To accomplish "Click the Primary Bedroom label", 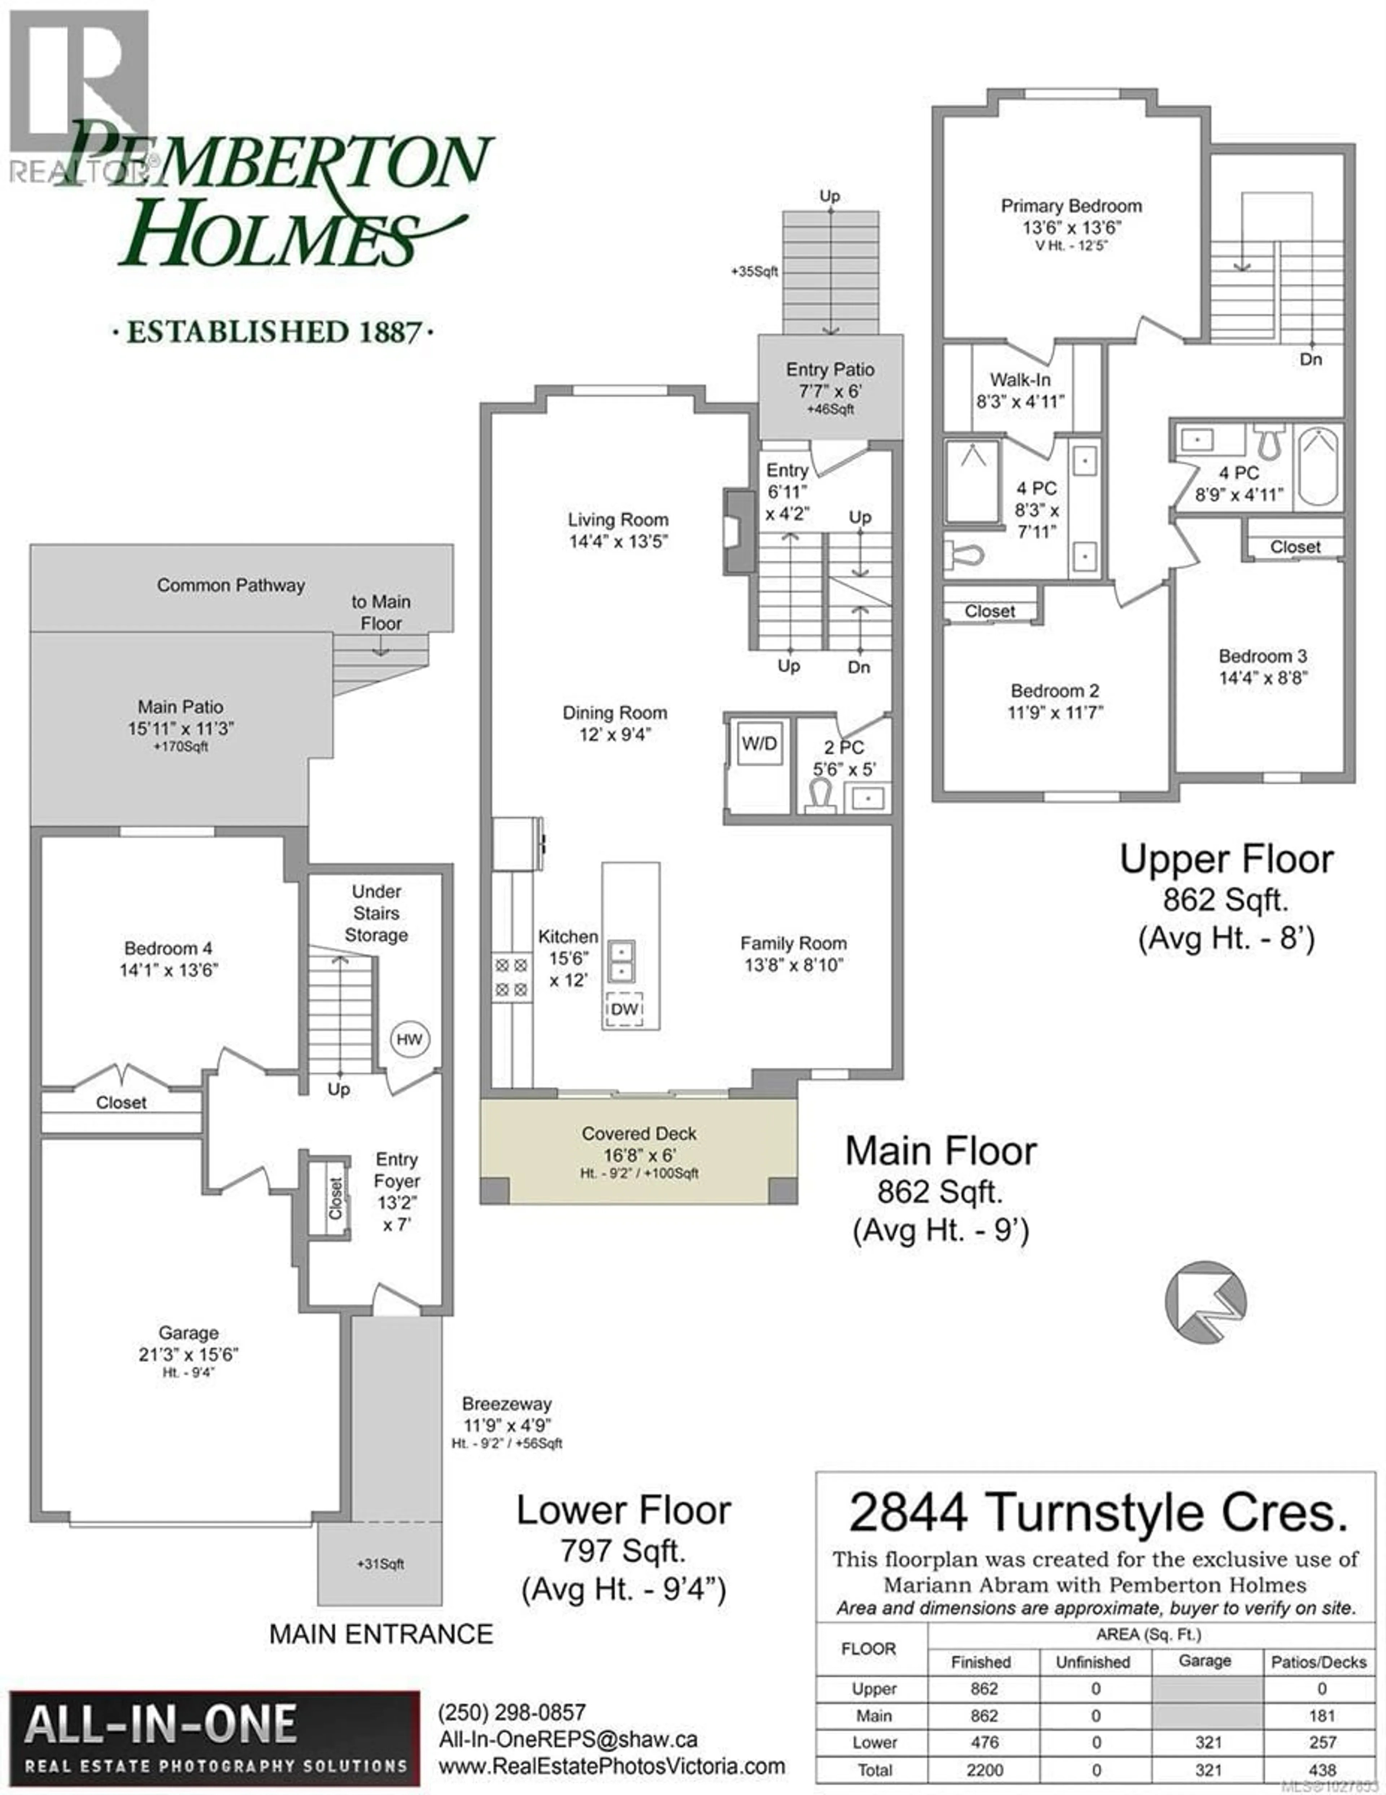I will (1071, 206).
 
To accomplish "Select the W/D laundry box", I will (759, 745).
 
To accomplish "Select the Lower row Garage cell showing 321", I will (1208, 1742).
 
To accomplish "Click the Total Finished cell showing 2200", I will (984, 1769).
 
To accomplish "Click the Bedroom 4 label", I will (169, 949).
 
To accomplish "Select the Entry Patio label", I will (830, 370).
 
